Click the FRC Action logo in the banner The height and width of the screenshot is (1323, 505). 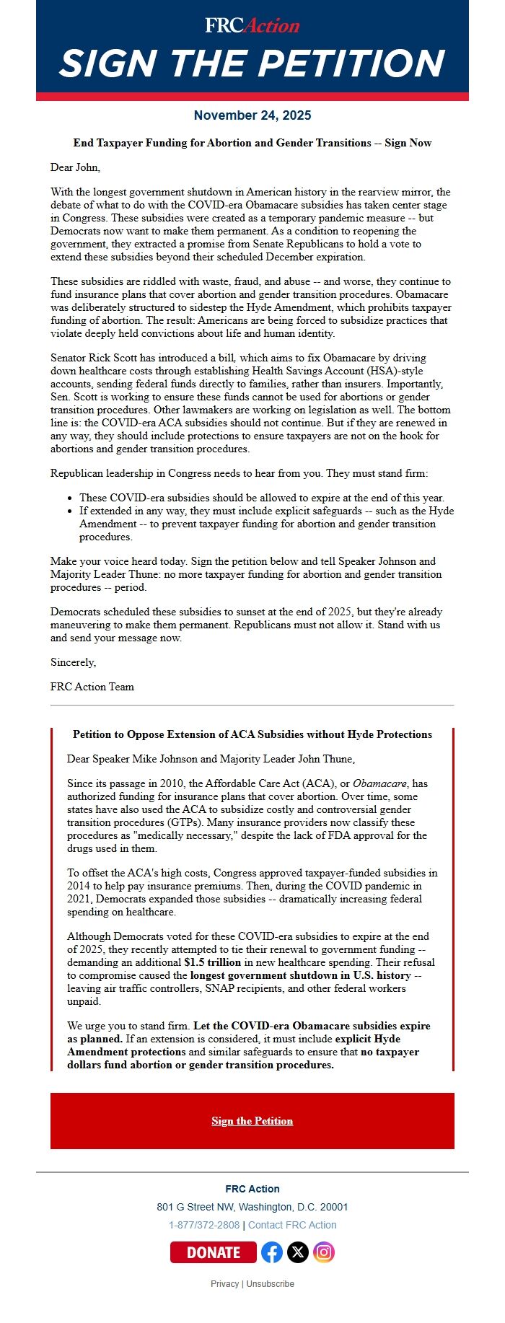tap(252, 25)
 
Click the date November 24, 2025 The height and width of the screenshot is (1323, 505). tap(252, 115)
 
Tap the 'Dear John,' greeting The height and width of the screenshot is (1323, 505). tap(75, 167)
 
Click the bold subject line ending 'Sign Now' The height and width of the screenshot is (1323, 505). tap(252, 143)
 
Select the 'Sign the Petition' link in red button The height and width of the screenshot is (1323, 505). tap(252, 1120)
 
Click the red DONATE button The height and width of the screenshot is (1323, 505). tap(213, 1252)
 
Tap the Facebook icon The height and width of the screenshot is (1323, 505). tap(272, 1252)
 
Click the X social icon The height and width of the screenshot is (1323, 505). tap(298, 1252)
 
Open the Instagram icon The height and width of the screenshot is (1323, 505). tap(324, 1252)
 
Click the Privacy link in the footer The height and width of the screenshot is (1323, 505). tap(224, 1284)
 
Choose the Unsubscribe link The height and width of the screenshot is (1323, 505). tap(271, 1284)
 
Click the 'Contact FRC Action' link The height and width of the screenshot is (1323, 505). tap(292, 1225)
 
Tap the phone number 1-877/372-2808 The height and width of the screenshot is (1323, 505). tap(204, 1225)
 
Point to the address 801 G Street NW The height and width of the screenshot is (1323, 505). tap(252, 1207)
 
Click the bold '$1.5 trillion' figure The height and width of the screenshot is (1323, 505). tap(213, 962)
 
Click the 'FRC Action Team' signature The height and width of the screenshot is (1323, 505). tap(92, 687)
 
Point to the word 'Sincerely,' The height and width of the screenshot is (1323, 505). tap(73, 662)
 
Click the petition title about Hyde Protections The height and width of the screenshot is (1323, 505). tap(252, 734)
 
